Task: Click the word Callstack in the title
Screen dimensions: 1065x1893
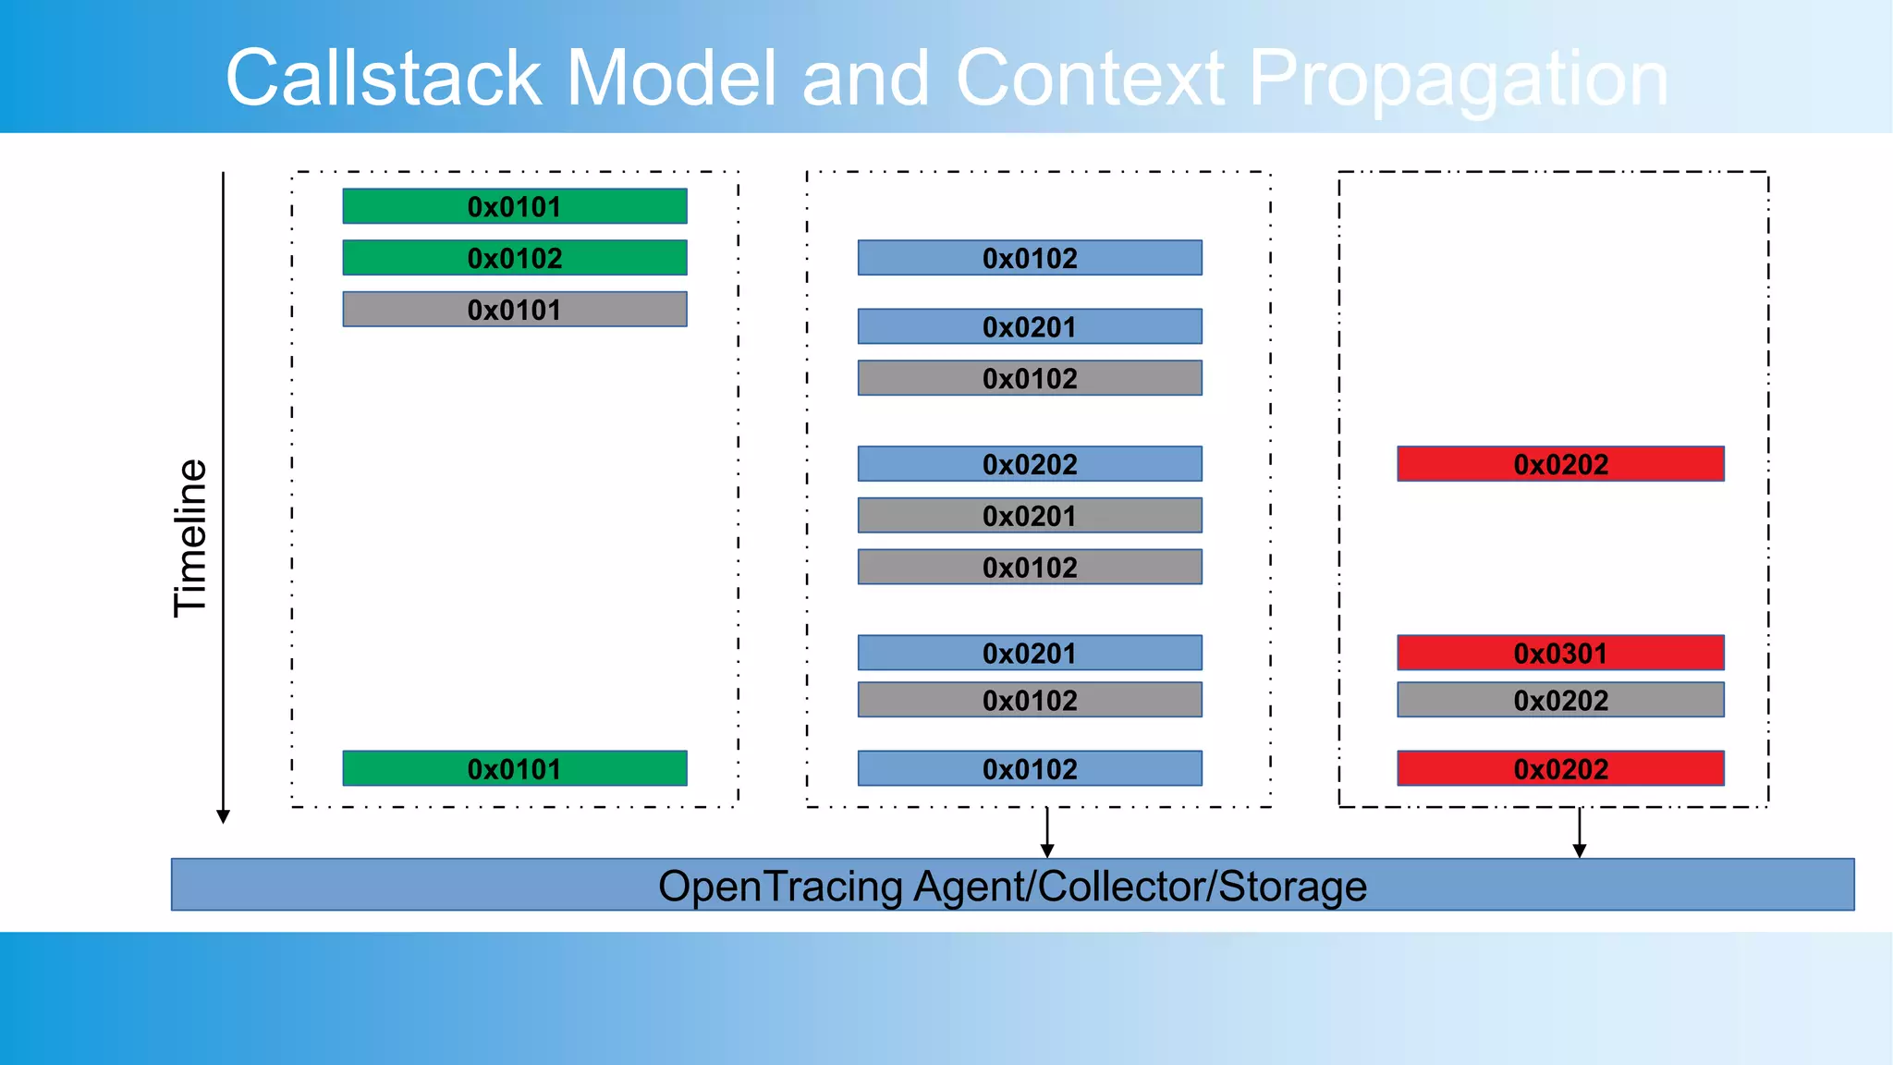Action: (383, 79)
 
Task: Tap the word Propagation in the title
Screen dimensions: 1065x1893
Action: (1458, 80)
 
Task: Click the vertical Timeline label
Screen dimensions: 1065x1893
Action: (190, 538)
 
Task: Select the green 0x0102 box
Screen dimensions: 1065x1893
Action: (514, 258)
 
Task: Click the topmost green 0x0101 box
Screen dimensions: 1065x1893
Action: (514, 206)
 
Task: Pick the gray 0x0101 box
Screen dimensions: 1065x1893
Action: (514, 310)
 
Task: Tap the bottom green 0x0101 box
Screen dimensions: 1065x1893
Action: (514, 768)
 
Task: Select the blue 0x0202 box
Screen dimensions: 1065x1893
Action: (1030, 464)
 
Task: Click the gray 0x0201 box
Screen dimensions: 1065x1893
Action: (1030, 516)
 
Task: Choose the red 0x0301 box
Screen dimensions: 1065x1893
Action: (1560, 653)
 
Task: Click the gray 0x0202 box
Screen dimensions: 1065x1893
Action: (1560, 700)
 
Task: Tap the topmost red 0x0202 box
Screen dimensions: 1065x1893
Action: (1560, 464)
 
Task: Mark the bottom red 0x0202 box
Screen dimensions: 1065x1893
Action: (1560, 768)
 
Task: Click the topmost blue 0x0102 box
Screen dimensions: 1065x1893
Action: (1030, 258)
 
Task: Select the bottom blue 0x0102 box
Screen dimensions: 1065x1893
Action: (1030, 768)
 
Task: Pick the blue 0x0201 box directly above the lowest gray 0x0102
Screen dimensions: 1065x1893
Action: (1030, 653)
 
